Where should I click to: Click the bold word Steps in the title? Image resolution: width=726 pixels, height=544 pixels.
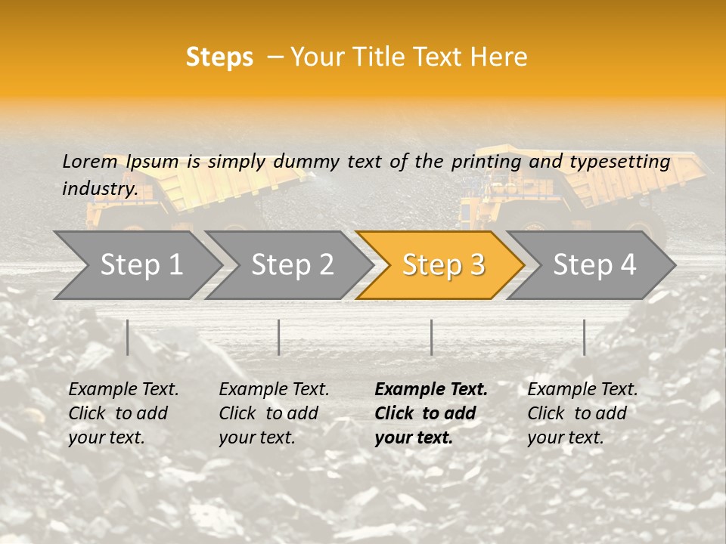(x=219, y=57)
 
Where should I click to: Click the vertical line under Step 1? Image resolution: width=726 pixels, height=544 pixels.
(x=128, y=337)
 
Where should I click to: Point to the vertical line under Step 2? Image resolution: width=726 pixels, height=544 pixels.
(x=279, y=337)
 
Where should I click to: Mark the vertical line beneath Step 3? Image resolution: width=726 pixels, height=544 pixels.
(x=432, y=337)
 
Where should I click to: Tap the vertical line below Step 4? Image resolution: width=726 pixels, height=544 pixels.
(x=584, y=337)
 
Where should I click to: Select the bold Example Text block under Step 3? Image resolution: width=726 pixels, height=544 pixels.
(x=431, y=413)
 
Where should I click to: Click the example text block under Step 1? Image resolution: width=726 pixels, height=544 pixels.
(x=123, y=413)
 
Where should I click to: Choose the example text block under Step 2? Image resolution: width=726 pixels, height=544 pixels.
(x=274, y=413)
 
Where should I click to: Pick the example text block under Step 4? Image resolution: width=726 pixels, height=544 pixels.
(x=582, y=413)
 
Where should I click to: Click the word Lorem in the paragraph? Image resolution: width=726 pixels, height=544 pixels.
(x=89, y=162)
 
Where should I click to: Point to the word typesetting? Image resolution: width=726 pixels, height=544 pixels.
(x=619, y=162)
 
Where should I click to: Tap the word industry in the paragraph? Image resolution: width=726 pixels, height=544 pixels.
(x=100, y=189)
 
